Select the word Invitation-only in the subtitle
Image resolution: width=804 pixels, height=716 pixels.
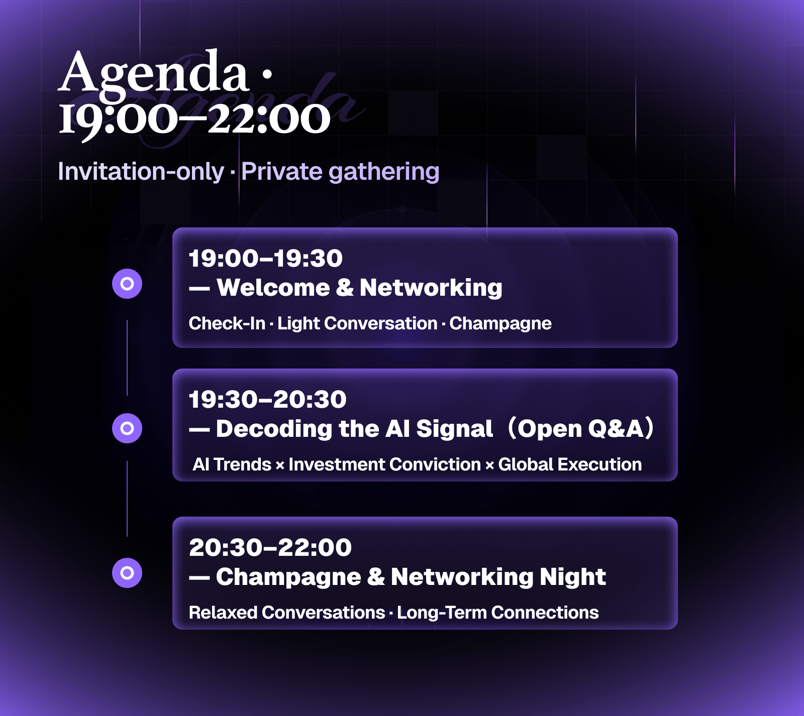pos(141,172)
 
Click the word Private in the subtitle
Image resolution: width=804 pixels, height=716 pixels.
pos(282,172)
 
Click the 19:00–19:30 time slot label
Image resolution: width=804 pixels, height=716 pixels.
pos(265,259)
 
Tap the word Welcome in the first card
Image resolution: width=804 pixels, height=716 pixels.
pos(273,288)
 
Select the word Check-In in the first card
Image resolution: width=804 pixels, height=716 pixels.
pos(227,323)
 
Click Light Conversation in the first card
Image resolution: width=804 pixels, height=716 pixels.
pos(357,324)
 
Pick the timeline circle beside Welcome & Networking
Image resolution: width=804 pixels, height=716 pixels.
pos(127,284)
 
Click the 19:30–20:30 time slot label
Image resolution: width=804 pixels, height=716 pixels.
pos(267,400)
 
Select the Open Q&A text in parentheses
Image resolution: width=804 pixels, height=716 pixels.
pos(581,429)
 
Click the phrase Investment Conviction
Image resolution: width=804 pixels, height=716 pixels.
pos(384,464)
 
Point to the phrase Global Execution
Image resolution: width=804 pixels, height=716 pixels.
pos(570,464)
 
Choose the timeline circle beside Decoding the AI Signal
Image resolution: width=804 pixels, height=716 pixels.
pos(127,428)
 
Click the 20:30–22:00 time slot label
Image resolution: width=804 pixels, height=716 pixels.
pos(270,548)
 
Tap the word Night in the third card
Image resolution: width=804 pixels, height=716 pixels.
pos(573,577)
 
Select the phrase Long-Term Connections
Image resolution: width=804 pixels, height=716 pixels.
pos(498,613)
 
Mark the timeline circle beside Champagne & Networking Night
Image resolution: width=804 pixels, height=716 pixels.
pos(127,573)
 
